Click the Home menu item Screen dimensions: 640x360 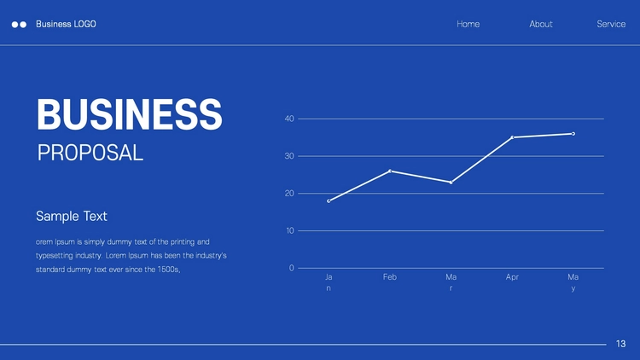click(468, 24)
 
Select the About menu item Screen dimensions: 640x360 click(541, 24)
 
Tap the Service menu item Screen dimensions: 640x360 click(611, 24)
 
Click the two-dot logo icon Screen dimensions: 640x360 click(19, 25)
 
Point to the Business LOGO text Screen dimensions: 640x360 click(66, 24)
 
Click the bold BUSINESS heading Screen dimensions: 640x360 click(130, 114)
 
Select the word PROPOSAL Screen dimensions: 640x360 click(90, 153)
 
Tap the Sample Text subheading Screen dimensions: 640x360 click(72, 216)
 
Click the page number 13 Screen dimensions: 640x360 click(621, 344)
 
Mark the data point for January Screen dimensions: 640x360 click(329, 200)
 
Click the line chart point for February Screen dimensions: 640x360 click(390, 171)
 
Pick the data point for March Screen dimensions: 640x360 click(451, 183)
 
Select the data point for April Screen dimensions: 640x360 click(512, 137)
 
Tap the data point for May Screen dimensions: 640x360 click(573, 133)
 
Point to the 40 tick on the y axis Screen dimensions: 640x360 click(289, 119)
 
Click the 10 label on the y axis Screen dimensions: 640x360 click(290, 230)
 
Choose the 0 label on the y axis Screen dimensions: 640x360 click(292, 268)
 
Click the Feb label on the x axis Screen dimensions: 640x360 click(390, 276)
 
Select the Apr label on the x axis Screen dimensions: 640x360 click(512, 276)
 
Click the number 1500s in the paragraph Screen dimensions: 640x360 click(169, 270)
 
